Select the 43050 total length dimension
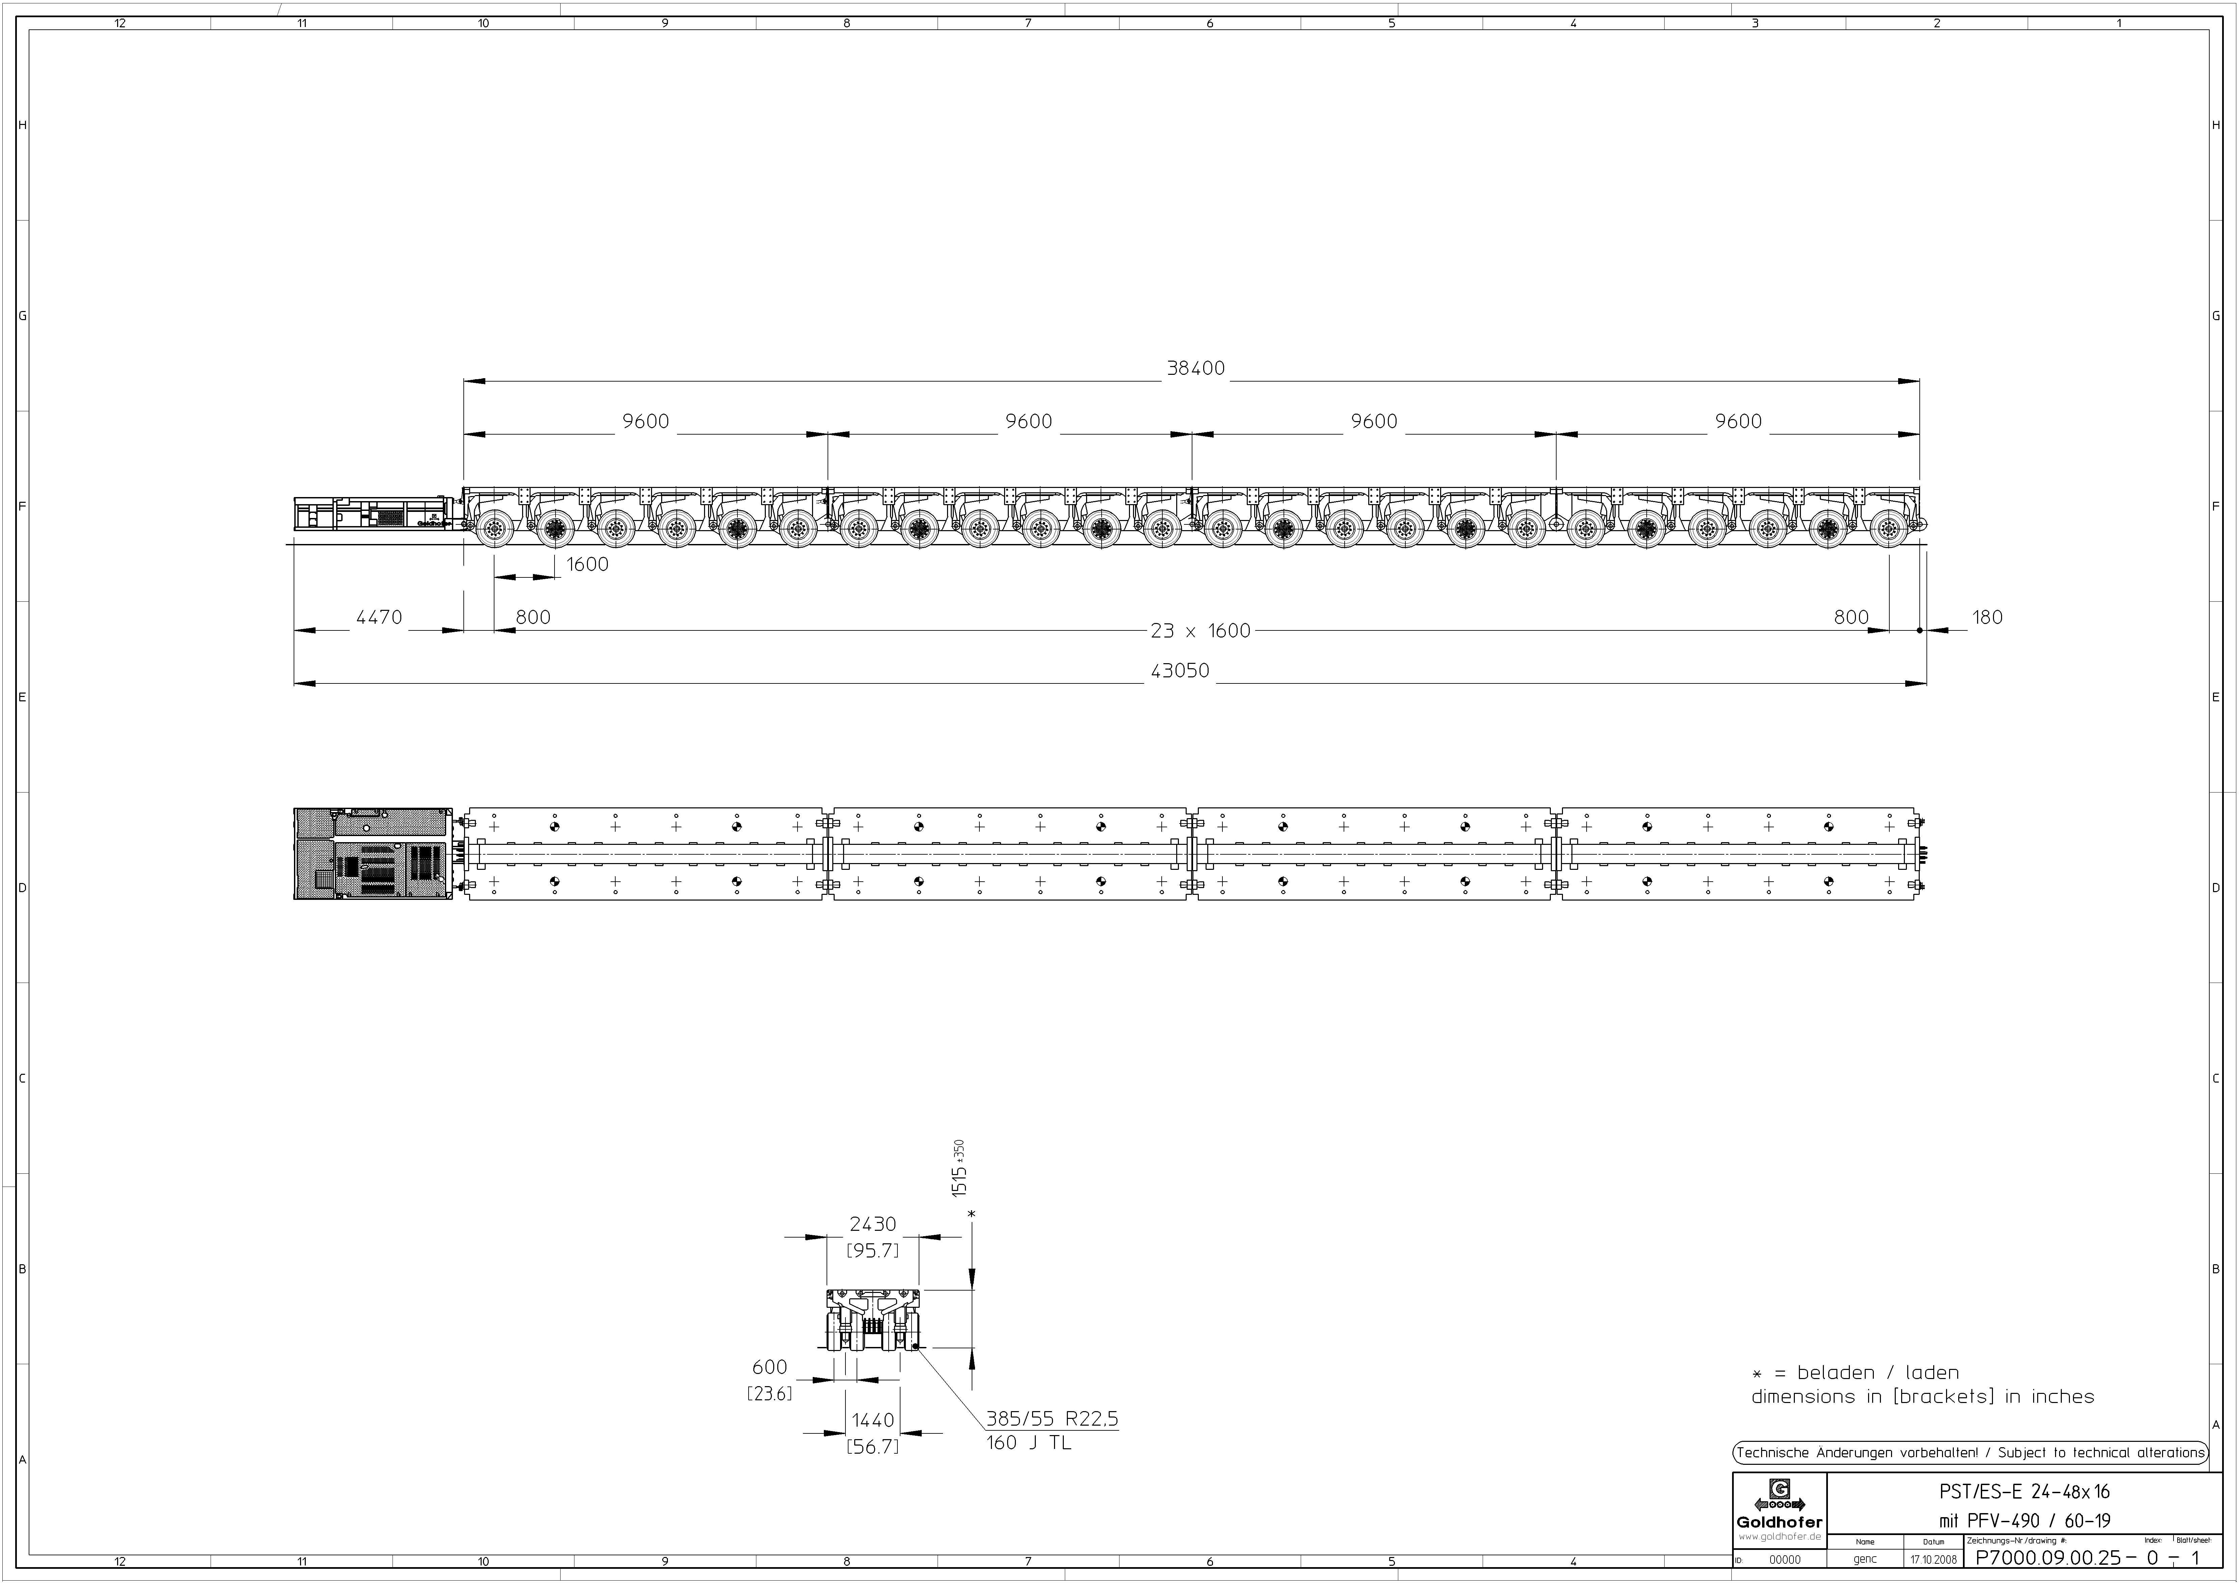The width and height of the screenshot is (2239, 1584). click(x=1180, y=671)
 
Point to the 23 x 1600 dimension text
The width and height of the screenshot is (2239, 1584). click(x=1199, y=631)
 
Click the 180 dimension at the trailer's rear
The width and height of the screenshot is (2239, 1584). click(x=1987, y=617)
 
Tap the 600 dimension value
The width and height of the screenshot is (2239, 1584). click(x=770, y=1368)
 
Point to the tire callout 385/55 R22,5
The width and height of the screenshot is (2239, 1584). click(x=1051, y=1418)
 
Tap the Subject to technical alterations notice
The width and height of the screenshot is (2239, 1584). click(x=1970, y=1452)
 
